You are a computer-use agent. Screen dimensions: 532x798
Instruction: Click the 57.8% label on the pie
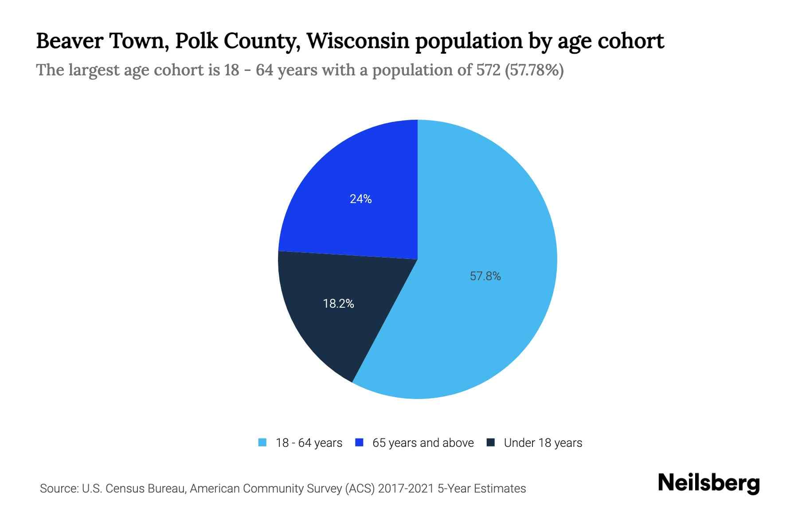coord(485,276)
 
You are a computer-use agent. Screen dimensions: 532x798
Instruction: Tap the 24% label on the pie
coord(360,199)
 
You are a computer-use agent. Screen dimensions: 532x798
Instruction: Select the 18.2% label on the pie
coord(338,304)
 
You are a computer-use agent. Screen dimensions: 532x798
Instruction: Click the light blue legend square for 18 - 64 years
coord(262,442)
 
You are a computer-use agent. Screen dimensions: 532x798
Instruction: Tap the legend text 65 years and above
coord(423,443)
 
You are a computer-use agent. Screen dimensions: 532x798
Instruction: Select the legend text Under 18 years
coord(543,443)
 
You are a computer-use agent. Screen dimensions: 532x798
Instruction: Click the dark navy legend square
coord(490,442)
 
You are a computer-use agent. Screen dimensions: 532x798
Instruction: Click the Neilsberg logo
coord(708,483)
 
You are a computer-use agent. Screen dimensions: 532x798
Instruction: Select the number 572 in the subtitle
coord(489,70)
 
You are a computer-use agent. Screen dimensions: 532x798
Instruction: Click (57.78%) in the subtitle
coord(534,70)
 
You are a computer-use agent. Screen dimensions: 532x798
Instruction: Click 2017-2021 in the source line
coord(406,489)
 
